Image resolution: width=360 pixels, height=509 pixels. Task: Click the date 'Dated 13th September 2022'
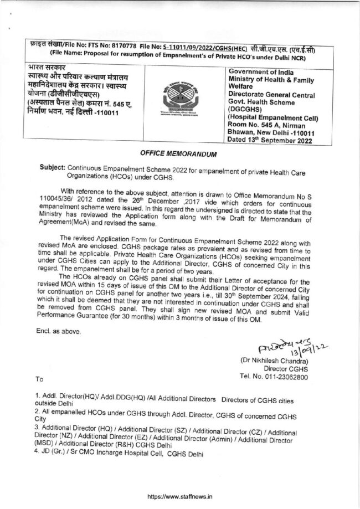[270, 141]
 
